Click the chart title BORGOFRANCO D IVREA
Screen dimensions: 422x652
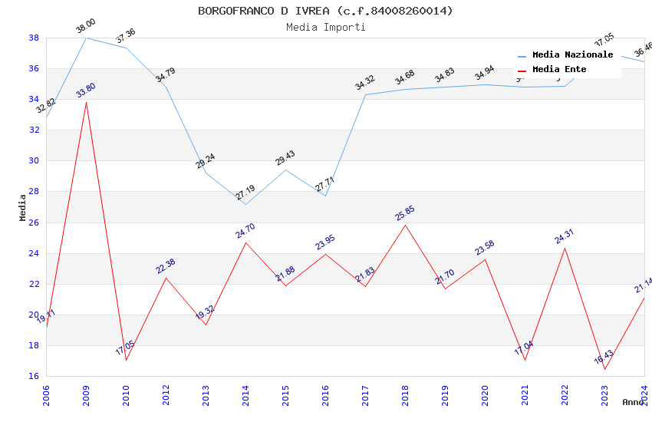pyautogui.click(x=325, y=11)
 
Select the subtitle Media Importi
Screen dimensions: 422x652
pyautogui.click(x=325, y=27)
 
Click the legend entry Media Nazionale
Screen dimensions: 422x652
pyautogui.click(x=572, y=55)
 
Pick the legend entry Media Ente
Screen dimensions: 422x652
pyautogui.click(x=559, y=70)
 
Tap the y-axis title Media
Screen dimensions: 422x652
pyautogui.click(x=23, y=207)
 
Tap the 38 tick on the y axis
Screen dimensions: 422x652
pyautogui.click(x=34, y=38)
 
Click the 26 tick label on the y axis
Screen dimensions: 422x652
pyautogui.click(x=34, y=223)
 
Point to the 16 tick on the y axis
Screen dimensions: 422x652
pyautogui.click(x=34, y=377)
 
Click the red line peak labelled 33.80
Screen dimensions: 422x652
pyautogui.click(x=86, y=102)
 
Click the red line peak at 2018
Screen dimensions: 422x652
pyautogui.click(x=405, y=225)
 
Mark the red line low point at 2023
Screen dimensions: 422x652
pyautogui.click(x=604, y=370)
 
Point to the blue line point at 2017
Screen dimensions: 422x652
pyautogui.click(x=365, y=94)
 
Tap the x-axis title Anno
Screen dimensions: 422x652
pyautogui.click(x=633, y=402)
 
